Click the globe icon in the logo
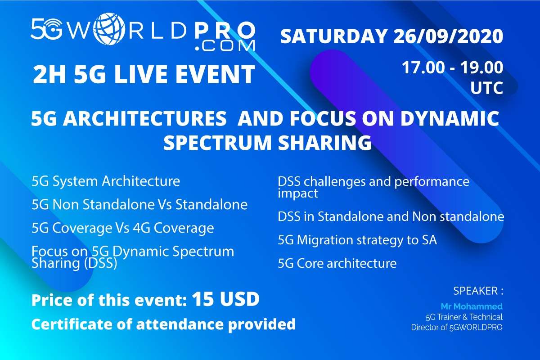pyautogui.click(x=109, y=29)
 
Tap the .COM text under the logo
pyautogui.click(x=225, y=45)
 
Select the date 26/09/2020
pyautogui.click(x=448, y=36)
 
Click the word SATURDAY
pyautogui.click(x=333, y=36)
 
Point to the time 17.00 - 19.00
pyautogui.click(x=453, y=67)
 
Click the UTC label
pyautogui.click(x=486, y=88)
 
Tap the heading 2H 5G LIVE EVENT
pyautogui.click(x=144, y=74)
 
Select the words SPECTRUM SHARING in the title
pyautogui.click(x=268, y=143)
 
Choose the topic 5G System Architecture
pyautogui.click(x=106, y=181)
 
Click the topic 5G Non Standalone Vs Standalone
pyautogui.click(x=139, y=204)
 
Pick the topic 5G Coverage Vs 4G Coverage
pyautogui.click(x=123, y=228)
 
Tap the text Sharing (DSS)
pyautogui.click(x=74, y=263)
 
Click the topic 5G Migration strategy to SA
pyautogui.click(x=357, y=240)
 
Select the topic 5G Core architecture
pyautogui.click(x=337, y=263)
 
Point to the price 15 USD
pyautogui.click(x=225, y=299)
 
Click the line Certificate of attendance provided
pyautogui.click(x=163, y=324)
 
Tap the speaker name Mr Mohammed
pyautogui.click(x=472, y=306)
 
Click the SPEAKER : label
pyautogui.click(x=478, y=291)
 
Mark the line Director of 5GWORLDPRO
pyautogui.click(x=457, y=328)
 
